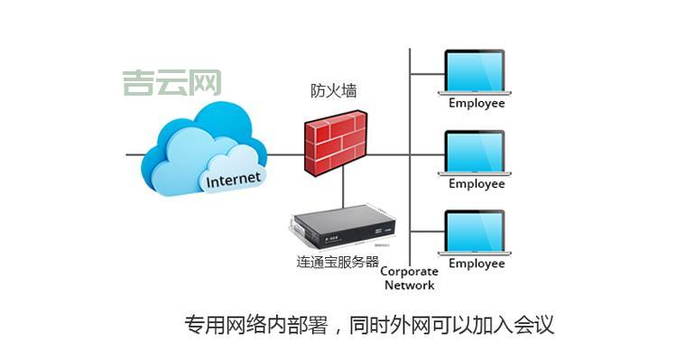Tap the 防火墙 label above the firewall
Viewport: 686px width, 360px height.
point(335,91)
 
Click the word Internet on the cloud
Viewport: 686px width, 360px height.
point(233,179)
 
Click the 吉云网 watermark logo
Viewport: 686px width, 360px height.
point(172,83)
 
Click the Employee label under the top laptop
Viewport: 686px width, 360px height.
point(477,103)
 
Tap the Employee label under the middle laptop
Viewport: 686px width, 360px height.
point(477,183)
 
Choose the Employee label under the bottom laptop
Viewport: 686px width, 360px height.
point(477,263)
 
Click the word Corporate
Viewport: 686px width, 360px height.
point(409,271)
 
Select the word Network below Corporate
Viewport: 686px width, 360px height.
point(409,285)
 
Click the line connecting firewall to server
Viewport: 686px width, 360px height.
point(344,189)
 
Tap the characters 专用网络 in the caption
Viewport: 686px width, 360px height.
point(221,324)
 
